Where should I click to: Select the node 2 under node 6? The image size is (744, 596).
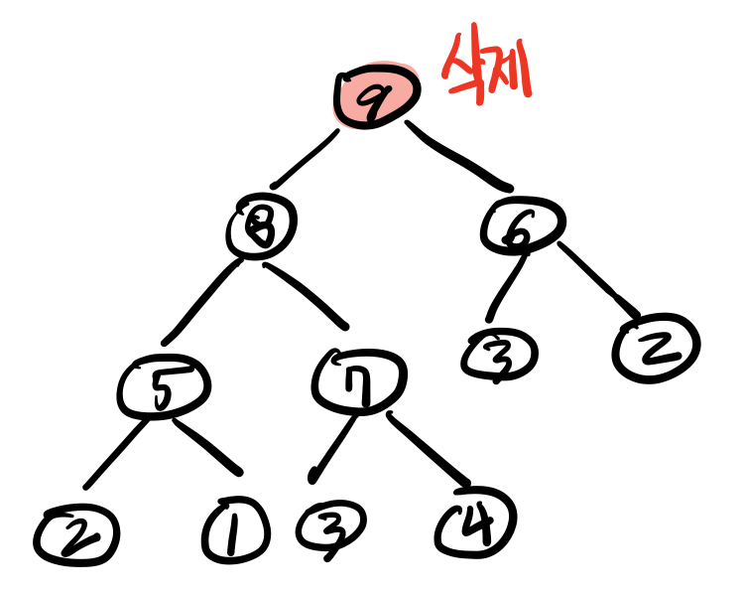[x=656, y=347]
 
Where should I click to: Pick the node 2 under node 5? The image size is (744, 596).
[x=74, y=536]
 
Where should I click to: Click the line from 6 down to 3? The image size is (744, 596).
[x=504, y=287]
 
